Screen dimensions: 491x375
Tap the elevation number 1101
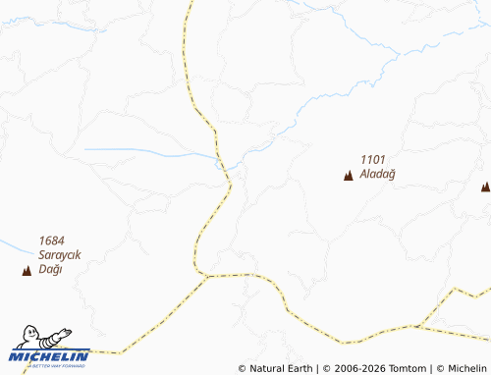(x=373, y=160)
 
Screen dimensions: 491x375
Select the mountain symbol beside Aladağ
(x=348, y=177)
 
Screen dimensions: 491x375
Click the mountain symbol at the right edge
(x=485, y=186)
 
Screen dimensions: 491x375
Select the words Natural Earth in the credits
(x=281, y=368)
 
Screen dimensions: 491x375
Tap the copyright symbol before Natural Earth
(x=243, y=368)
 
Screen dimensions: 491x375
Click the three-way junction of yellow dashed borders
(x=206, y=277)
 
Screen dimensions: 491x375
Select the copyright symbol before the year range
(x=325, y=368)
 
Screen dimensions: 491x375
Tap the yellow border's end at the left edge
(x=2, y=350)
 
